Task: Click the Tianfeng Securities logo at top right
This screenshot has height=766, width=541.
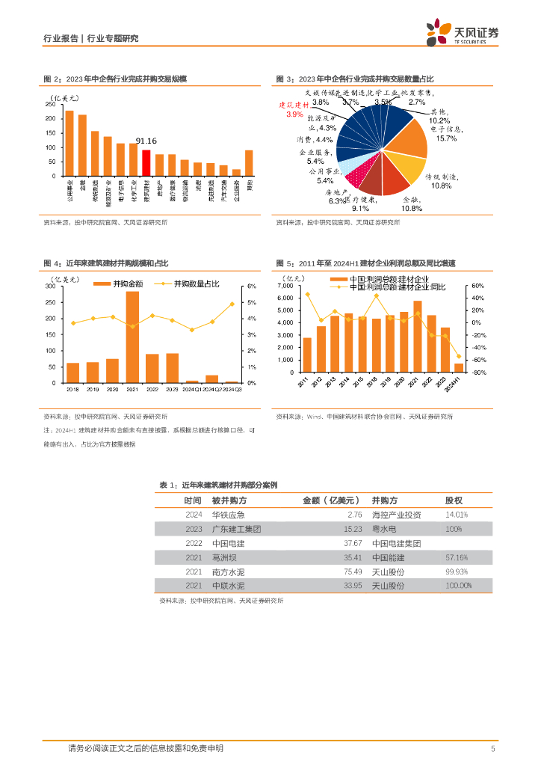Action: coord(463,33)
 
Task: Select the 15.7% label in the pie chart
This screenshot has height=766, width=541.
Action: coord(446,138)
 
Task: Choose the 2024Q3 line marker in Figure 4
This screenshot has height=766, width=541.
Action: coord(232,304)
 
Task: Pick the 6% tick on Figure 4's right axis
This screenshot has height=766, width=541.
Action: coord(252,287)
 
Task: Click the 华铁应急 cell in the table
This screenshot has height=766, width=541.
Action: coord(229,515)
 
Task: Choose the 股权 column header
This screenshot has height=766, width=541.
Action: coord(454,500)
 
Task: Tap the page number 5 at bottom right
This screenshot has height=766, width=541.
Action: coord(493,749)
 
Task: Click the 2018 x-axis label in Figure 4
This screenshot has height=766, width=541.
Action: coord(73,390)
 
